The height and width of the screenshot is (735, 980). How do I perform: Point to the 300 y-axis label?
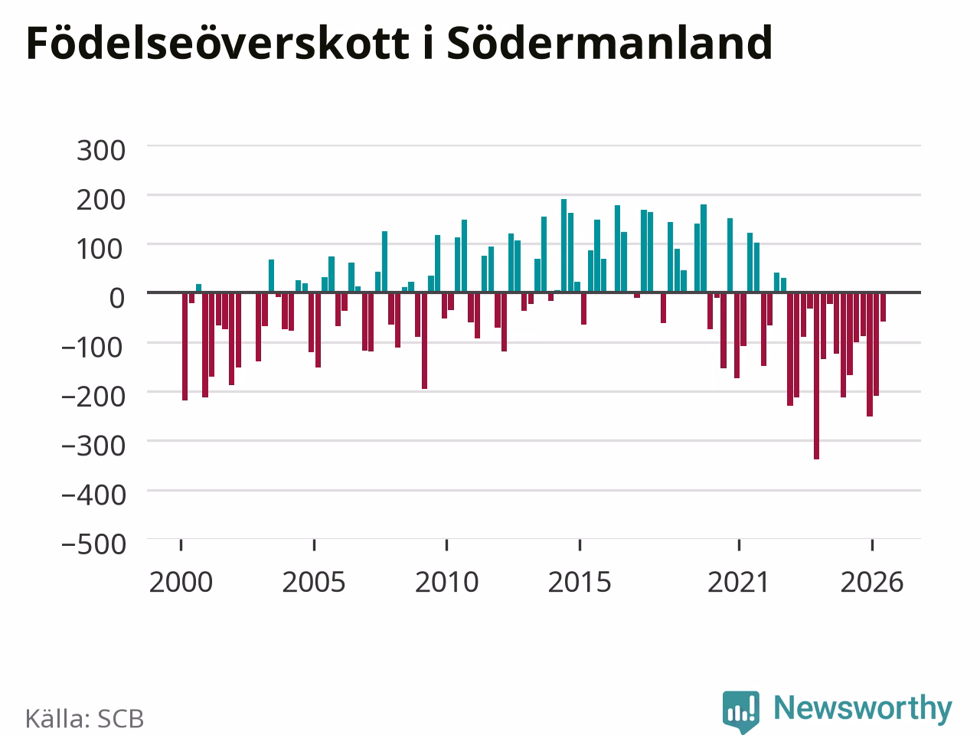point(101,150)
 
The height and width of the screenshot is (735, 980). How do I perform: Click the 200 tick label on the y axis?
point(101,200)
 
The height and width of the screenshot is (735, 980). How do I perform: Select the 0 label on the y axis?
point(117,298)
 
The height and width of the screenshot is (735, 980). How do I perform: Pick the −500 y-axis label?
point(93,544)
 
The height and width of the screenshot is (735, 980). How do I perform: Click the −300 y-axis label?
point(93,446)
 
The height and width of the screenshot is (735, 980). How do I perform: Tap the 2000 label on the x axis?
point(181,582)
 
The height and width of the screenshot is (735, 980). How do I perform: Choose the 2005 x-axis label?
point(314,582)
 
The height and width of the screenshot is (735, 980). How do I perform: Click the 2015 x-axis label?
point(580,582)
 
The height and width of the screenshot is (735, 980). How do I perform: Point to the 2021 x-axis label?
point(739,582)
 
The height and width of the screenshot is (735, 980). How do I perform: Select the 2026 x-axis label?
point(872,582)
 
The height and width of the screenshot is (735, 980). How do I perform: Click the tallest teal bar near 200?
point(564,246)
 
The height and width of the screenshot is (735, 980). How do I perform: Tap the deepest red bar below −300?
point(817,376)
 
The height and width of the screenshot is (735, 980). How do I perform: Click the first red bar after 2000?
point(185,346)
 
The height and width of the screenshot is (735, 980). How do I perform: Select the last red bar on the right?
point(883,307)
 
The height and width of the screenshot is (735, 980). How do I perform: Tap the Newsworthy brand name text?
point(863,708)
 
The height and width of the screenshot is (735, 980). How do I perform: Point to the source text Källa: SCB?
point(84,718)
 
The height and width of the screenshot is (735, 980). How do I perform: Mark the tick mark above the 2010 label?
point(447,545)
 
